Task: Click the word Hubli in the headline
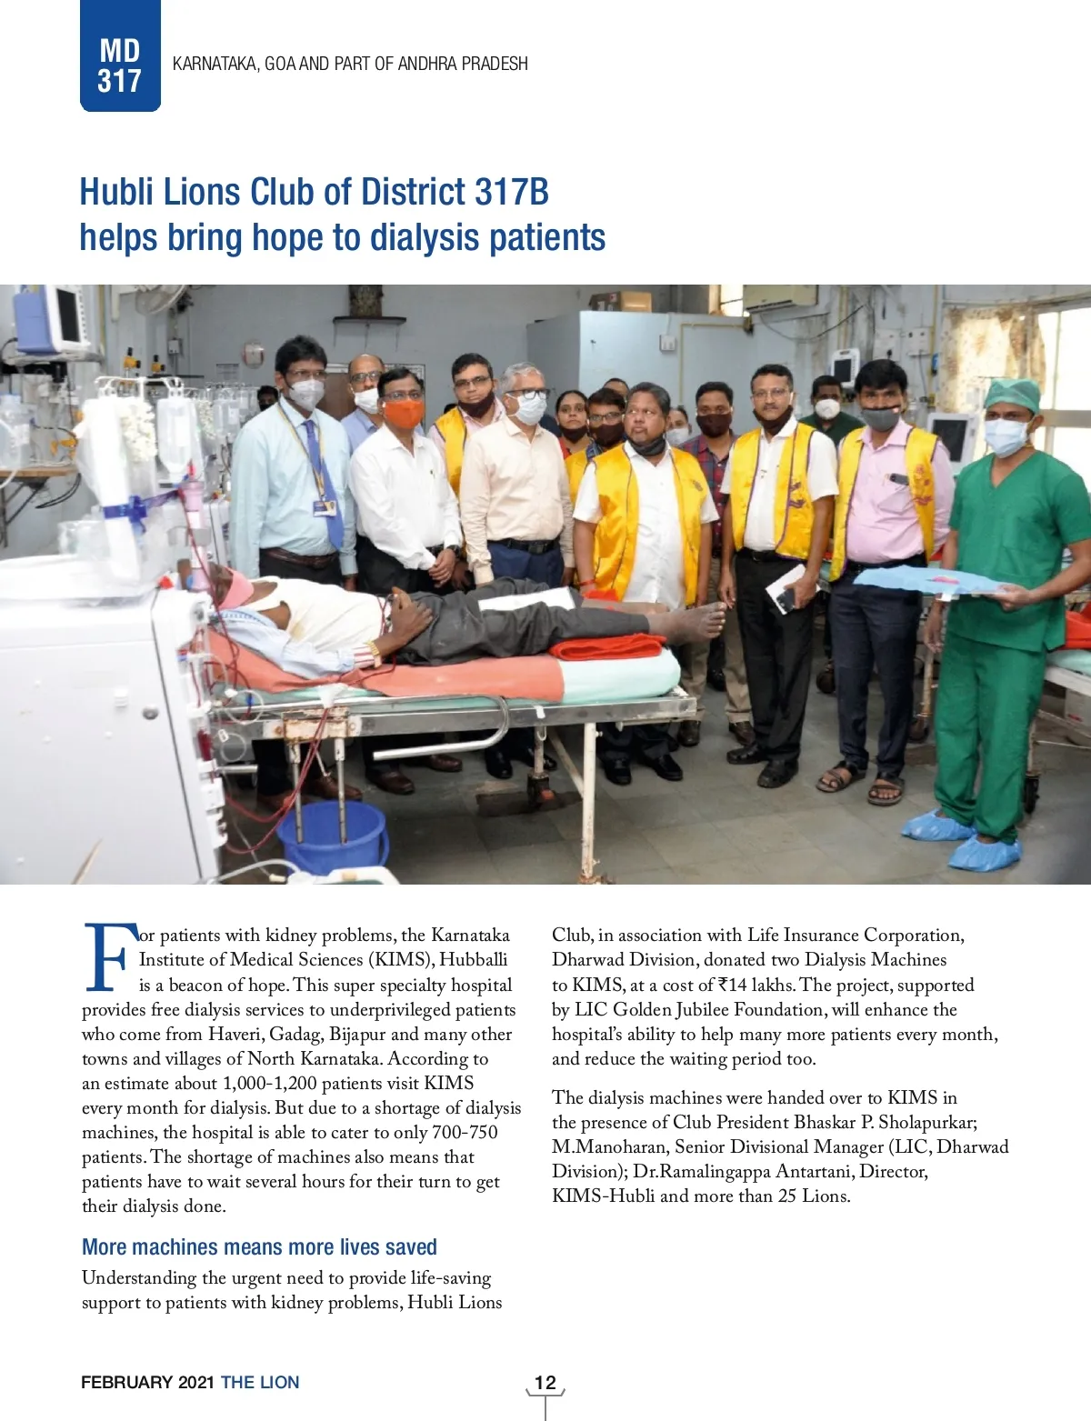[114, 192]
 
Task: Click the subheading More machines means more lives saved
[259, 1246]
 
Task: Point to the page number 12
[545, 1382]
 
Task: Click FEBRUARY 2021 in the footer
[147, 1382]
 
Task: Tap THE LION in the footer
[260, 1382]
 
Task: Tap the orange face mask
[403, 414]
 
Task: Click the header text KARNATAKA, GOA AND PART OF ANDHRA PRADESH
[350, 64]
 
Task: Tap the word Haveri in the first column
[235, 1034]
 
